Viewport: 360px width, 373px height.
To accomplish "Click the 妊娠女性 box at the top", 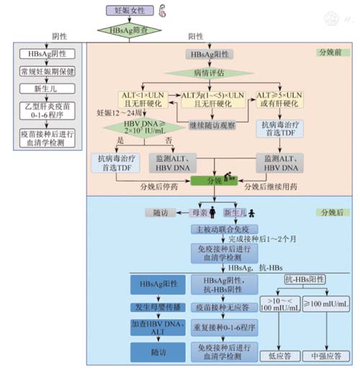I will [x=128, y=11].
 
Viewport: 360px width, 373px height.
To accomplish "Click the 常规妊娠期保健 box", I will [x=45, y=71].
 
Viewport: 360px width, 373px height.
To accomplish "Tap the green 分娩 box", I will [x=215, y=179].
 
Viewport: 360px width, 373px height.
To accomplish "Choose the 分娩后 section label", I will [x=330, y=213].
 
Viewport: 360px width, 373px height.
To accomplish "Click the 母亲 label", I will [x=197, y=213].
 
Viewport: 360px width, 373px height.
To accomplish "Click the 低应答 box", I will [x=282, y=355].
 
